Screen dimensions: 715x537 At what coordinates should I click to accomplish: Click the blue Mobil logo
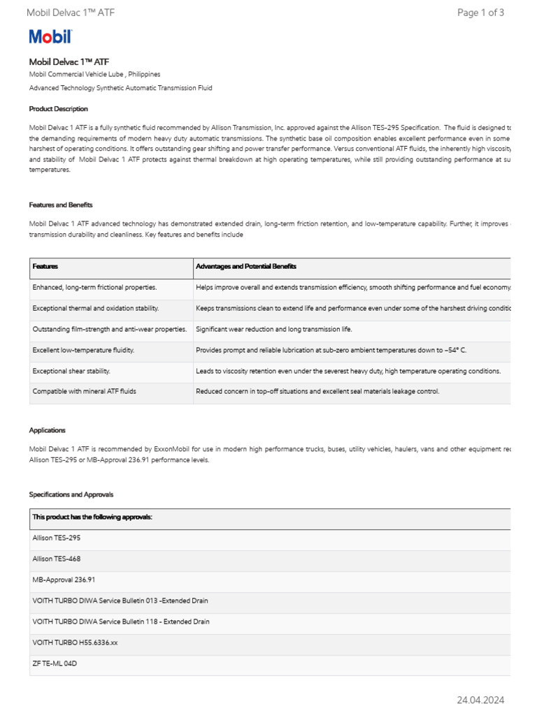tap(50, 37)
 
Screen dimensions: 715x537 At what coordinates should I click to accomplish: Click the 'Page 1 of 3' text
tap(480, 13)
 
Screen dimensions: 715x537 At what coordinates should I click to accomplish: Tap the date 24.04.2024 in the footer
tap(480, 700)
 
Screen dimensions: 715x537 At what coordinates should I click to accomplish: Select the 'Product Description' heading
tap(59, 109)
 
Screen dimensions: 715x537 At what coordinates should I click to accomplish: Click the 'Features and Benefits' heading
tap(61, 205)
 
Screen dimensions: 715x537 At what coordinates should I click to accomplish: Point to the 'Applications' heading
tap(48, 430)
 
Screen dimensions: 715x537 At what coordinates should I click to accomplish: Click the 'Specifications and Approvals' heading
tap(71, 494)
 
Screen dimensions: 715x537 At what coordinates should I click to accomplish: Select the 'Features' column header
tap(45, 267)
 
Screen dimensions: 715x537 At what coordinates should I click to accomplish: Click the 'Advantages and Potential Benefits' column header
tap(246, 267)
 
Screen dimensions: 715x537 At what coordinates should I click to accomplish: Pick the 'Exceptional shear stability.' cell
tap(71, 371)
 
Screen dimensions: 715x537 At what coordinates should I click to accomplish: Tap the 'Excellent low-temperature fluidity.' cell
tap(83, 350)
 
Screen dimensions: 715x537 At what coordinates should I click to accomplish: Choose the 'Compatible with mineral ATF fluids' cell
tap(85, 392)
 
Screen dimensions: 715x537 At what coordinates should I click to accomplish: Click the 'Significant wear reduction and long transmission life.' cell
tap(274, 329)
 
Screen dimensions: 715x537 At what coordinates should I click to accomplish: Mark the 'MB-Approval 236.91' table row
tap(64, 580)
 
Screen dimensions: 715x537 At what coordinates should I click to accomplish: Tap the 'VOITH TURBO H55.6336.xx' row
tap(75, 642)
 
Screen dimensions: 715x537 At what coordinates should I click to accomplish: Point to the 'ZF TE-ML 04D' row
tap(55, 663)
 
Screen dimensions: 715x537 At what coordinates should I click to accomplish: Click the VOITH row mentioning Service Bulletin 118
tap(121, 621)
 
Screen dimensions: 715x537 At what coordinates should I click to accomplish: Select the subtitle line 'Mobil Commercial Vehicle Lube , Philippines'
tap(94, 74)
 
